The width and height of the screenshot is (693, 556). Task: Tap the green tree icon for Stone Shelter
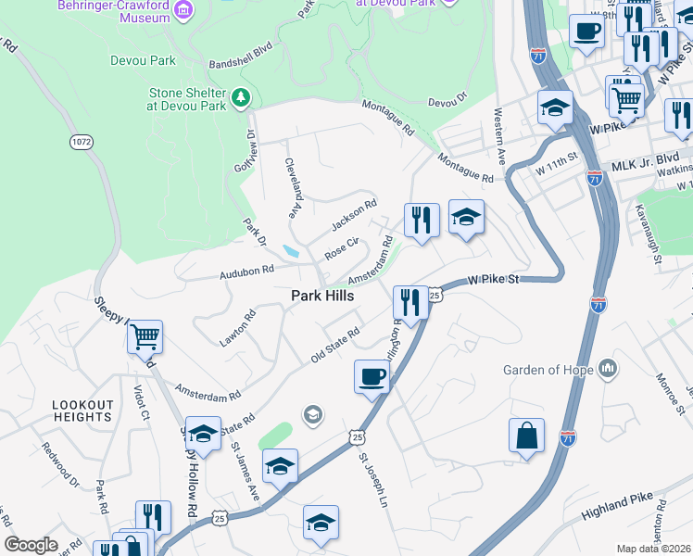click(x=241, y=96)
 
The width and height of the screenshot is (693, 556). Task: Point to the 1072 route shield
click(x=81, y=142)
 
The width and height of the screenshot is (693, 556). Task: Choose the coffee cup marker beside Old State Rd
click(x=372, y=377)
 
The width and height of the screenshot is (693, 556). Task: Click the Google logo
click(x=31, y=544)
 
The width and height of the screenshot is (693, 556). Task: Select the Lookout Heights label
click(x=82, y=411)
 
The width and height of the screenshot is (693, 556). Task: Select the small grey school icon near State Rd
click(x=313, y=413)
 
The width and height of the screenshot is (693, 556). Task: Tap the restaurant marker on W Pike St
click(x=409, y=301)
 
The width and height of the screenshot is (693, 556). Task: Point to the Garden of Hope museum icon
click(x=608, y=369)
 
